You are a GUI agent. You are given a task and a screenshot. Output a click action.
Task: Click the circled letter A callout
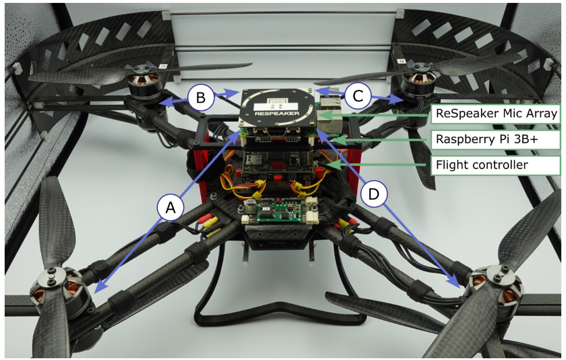[x=171, y=207]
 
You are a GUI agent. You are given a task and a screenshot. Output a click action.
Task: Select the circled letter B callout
[x=201, y=97]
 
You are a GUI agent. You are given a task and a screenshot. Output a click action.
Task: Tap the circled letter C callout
[x=358, y=96]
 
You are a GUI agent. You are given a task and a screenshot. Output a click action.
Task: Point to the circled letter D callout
[x=374, y=194]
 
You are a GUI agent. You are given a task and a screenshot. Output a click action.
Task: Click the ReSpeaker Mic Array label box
[x=496, y=114]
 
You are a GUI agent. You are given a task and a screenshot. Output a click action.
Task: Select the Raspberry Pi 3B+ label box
[x=496, y=139]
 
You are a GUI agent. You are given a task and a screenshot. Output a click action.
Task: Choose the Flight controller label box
[x=496, y=165]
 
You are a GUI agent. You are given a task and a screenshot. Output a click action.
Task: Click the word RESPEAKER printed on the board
[x=277, y=113]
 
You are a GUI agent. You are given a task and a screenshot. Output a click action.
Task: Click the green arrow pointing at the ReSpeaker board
[x=373, y=115]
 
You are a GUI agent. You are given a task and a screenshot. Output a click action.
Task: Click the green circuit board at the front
[x=278, y=214]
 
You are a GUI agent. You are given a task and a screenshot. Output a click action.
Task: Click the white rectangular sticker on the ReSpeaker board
[x=275, y=107]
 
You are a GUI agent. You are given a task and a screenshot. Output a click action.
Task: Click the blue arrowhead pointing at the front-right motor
[x=455, y=281]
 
